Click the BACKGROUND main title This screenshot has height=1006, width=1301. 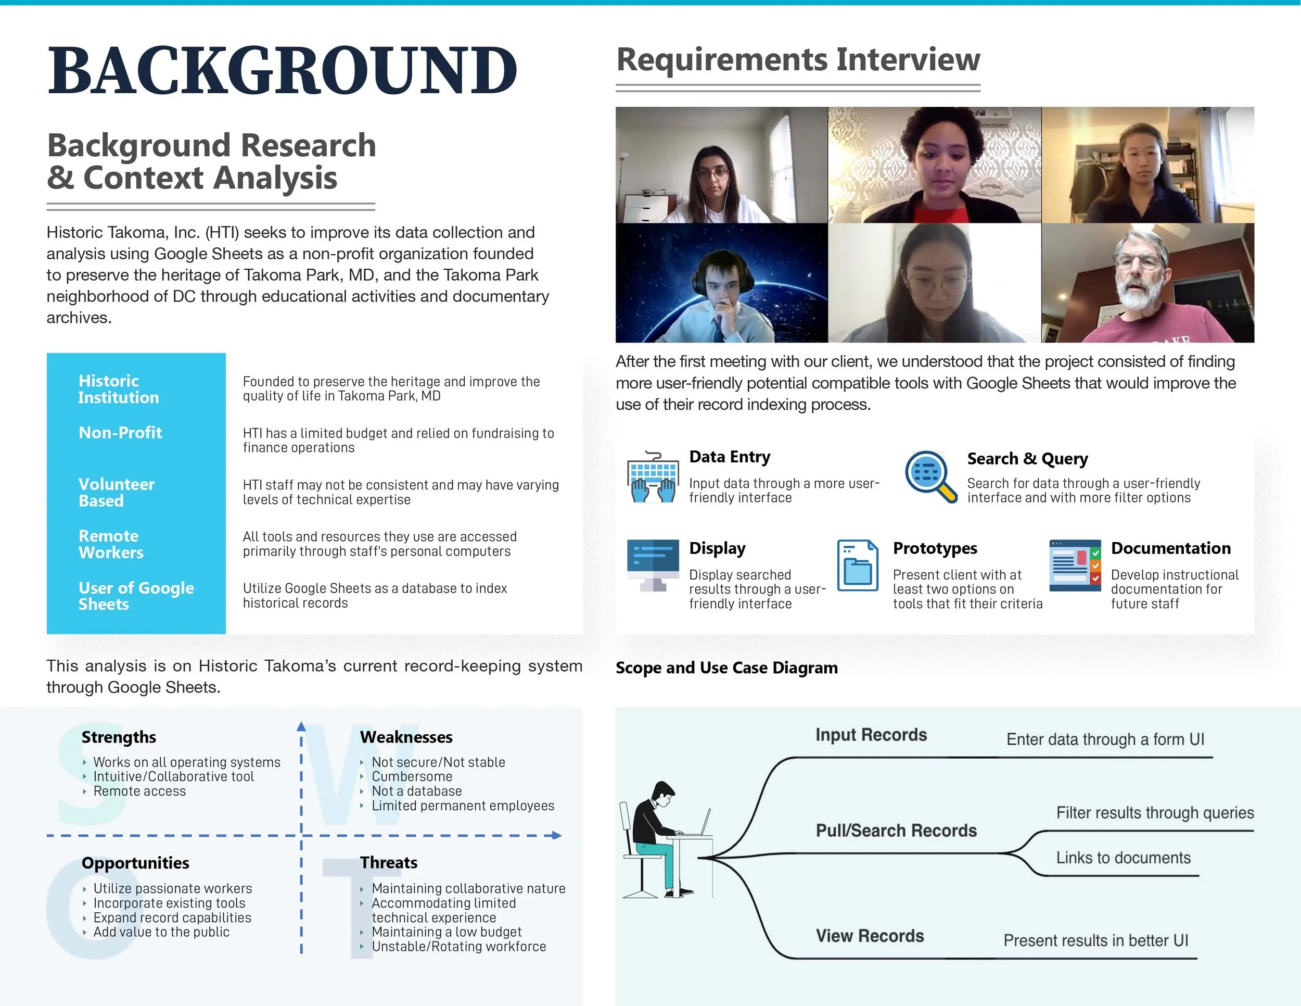(283, 71)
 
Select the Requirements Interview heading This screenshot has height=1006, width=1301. (798, 59)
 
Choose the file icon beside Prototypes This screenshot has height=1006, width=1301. (857, 565)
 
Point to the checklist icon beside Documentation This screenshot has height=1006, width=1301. (1075, 565)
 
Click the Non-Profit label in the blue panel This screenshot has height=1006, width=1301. (120, 433)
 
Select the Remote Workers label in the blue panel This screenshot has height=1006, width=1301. (111, 544)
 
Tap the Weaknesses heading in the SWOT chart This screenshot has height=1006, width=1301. (406, 737)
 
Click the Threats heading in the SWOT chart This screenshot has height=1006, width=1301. (388, 862)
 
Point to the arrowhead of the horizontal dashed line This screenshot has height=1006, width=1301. (557, 836)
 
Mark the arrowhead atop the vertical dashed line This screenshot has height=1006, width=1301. (301, 726)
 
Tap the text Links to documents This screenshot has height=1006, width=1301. (1123, 858)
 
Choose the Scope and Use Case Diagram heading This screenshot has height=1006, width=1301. (726, 668)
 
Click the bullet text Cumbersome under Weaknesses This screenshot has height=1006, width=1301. (412, 776)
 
